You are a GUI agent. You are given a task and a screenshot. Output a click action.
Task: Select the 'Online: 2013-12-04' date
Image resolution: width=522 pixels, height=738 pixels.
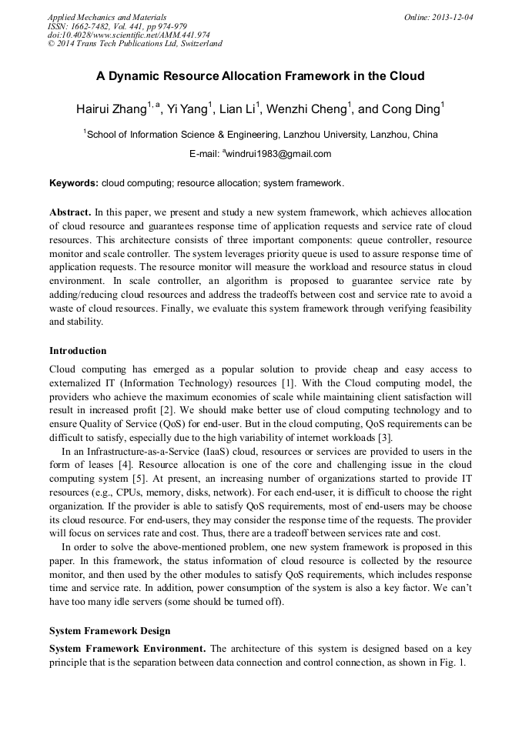click(438, 17)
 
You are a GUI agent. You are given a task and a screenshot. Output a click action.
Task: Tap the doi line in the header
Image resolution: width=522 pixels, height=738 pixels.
click(129, 35)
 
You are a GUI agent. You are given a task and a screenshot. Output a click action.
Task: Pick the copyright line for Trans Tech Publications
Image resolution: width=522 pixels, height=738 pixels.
click(135, 44)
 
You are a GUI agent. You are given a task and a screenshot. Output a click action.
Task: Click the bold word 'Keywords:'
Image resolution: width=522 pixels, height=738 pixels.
click(74, 184)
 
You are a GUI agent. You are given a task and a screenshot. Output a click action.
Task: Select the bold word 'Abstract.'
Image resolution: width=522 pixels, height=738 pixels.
click(70, 212)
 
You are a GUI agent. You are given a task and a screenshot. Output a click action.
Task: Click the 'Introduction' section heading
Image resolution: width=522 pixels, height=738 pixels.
click(78, 351)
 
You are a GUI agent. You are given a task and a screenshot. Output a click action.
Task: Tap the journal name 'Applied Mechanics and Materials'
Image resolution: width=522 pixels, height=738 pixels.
click(107, 17)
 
